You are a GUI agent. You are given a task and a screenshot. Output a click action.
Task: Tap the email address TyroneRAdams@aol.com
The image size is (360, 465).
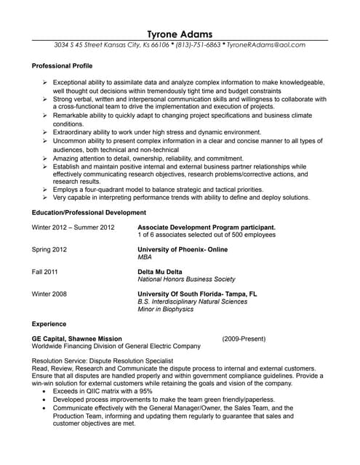pos(266,45)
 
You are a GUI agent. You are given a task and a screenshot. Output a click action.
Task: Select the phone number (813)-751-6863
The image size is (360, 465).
pos(199,45)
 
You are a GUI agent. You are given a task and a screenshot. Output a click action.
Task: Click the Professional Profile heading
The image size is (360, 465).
pos(63,66)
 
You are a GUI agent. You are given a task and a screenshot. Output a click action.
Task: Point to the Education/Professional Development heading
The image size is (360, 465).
pos(89,213)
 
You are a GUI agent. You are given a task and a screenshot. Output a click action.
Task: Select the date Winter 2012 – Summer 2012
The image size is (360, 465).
pos(73,227)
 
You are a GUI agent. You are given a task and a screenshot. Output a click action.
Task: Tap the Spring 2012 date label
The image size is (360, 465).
pos(50,249)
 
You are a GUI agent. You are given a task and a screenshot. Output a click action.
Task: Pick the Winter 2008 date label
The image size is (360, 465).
pos(50,294)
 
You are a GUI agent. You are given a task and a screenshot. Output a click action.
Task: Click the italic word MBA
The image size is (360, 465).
pos(145,257)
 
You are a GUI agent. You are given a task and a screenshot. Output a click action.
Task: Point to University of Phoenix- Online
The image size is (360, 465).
pos(183,249)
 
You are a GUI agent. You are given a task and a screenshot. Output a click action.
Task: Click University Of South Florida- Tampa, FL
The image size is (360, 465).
pos(197,294)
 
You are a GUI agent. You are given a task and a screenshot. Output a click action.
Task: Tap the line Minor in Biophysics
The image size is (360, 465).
pos(166,310)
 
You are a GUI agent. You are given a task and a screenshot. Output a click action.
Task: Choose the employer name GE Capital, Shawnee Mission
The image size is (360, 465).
pos(77,339)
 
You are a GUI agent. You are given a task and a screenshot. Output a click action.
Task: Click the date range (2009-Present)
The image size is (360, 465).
pos(244,339)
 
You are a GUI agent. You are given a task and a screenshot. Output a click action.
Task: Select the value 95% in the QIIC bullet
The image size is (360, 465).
pos(145,391)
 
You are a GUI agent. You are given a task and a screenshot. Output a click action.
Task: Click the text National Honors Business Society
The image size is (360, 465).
pos(187,279)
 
